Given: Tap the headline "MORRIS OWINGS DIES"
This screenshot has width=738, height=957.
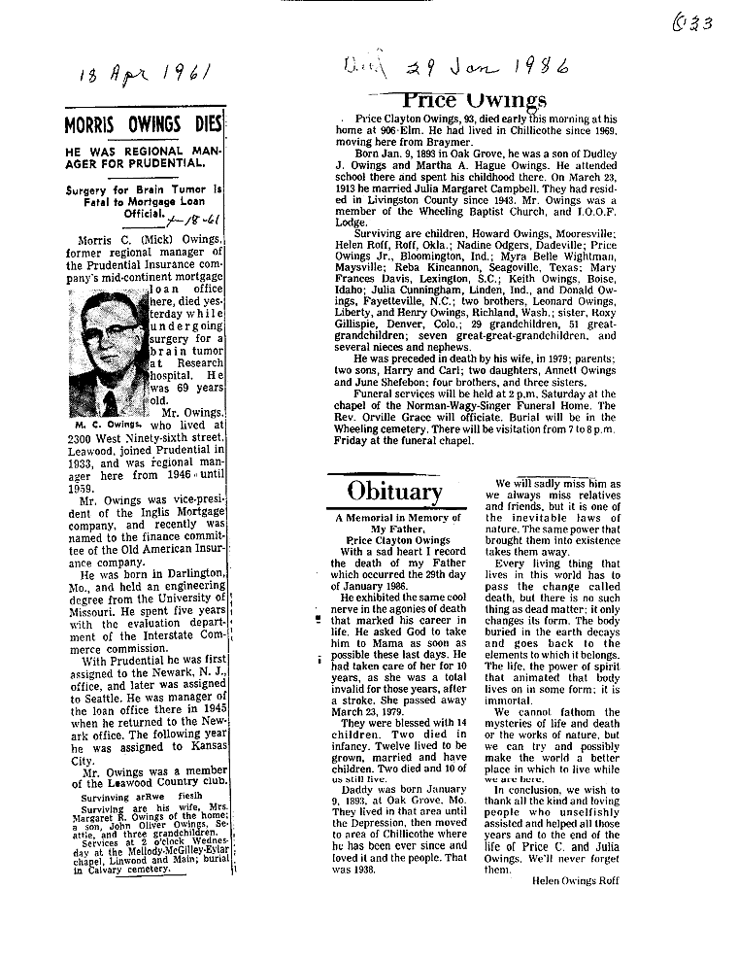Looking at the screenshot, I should click(x=144, y=125).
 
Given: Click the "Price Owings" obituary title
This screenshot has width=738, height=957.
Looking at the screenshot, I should click(x=475, y=99).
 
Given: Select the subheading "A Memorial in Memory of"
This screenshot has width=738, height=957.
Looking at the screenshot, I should click(x=398, y=518).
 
